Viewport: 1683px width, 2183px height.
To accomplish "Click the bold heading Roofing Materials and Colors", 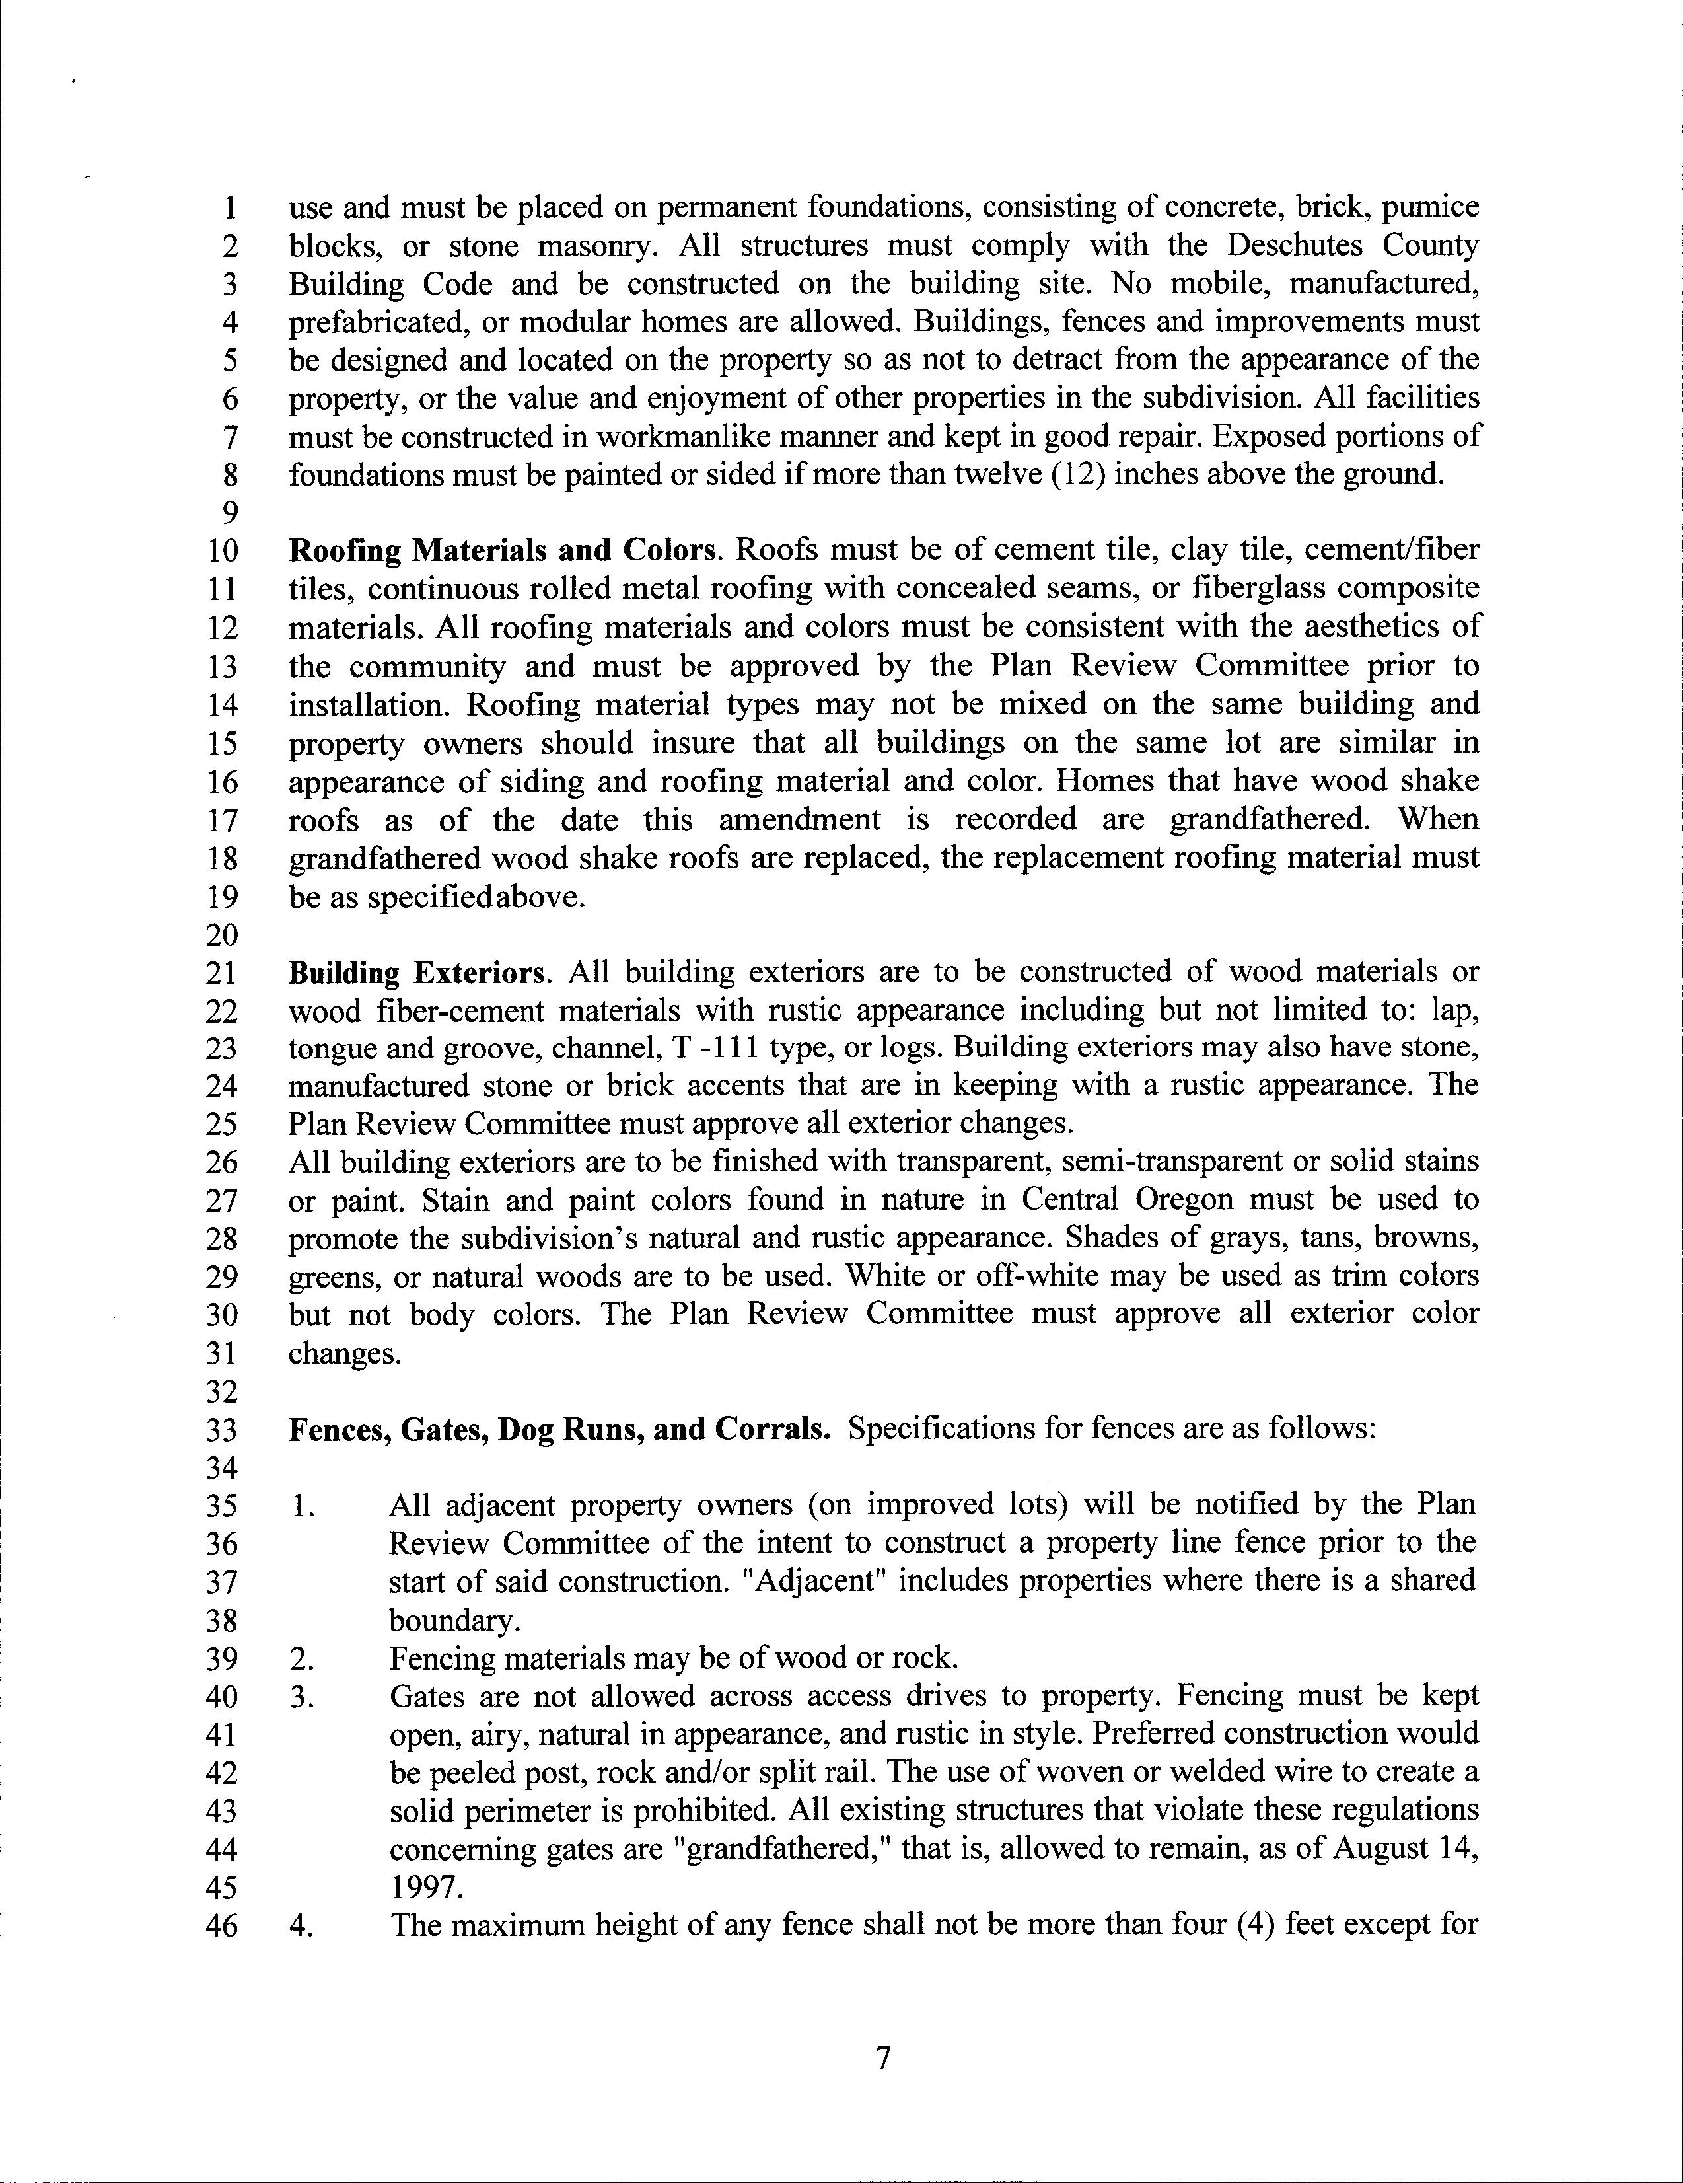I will pos(503,551).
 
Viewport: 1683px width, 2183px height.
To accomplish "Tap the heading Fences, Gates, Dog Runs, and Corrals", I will pos(559,1429).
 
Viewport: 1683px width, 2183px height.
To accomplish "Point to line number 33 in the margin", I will pos(222,1430).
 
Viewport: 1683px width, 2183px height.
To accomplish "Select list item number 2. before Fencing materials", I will pos(302,1659).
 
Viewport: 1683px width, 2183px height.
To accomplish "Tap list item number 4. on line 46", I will pos(302,1926).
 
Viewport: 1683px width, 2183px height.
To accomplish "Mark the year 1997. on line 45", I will pos(426,1887).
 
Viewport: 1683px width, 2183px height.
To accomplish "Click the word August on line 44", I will pos(1383,1849).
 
